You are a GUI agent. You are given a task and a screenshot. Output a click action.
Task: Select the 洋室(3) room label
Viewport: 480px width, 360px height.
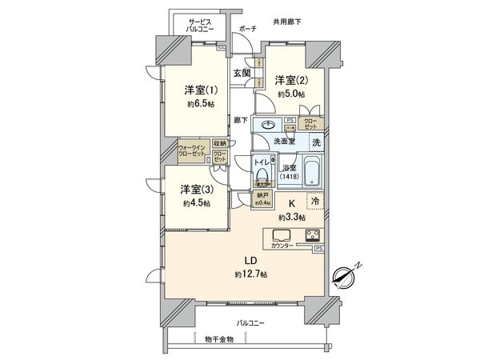tap(195, 190)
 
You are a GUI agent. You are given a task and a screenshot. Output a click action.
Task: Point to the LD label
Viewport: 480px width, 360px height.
tap(251, 260)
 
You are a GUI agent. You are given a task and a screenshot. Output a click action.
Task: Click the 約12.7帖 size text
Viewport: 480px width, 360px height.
tap(251, 274)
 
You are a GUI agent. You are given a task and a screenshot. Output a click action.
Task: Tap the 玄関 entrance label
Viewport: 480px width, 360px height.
tap(242, 73)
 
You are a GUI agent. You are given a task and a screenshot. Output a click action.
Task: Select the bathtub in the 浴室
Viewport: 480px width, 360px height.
tap(312, 174)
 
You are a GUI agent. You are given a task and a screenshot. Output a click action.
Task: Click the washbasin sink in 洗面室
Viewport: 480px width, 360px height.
tap(267, 124)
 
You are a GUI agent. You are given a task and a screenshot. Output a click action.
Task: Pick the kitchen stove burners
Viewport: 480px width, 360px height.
tap(310, 236)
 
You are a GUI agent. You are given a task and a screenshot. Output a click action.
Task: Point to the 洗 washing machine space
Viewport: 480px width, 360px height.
tap(316, 141)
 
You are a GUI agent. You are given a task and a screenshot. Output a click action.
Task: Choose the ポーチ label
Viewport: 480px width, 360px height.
tap(247, 29)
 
